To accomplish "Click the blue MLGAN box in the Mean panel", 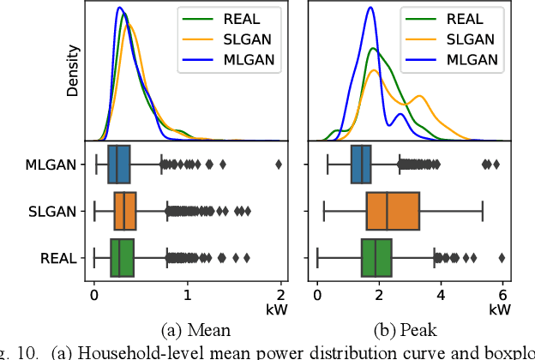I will pos(119,165).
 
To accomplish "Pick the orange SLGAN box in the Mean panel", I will pos(125,211).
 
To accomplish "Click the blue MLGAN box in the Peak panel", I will pos(361,165).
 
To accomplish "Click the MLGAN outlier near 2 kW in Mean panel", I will pos(279,165).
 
